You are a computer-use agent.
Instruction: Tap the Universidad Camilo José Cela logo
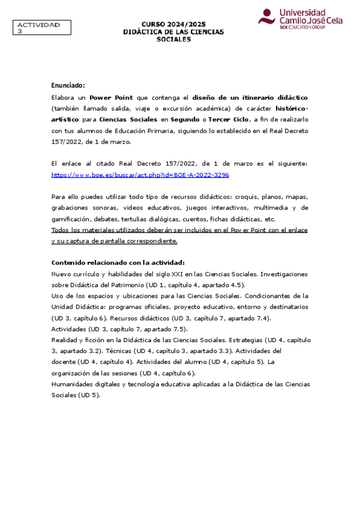[292, 19]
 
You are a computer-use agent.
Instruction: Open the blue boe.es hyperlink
[140, 175]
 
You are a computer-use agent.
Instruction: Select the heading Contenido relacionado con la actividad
[118, 262]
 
